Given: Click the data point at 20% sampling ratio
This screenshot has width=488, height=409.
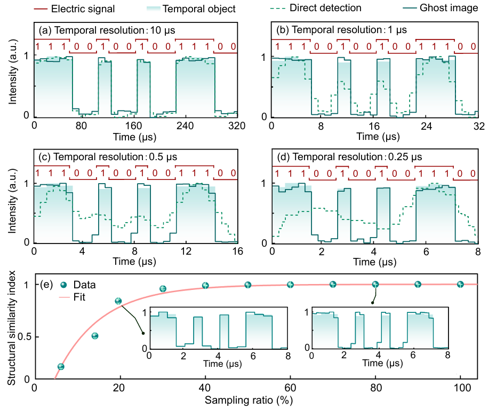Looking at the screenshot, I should click(x=118, y=301).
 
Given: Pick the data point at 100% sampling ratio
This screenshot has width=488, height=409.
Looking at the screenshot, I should click(x=460, y=284).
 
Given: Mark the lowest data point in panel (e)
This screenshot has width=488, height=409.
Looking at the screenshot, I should click(x=61, y=366).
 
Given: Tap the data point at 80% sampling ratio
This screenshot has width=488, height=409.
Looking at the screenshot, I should click(x=375, y=285).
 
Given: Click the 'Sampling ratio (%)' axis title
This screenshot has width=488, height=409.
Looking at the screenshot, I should click(x=254, y=399).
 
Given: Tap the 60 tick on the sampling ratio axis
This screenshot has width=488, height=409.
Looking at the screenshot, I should click(x=290, y=388).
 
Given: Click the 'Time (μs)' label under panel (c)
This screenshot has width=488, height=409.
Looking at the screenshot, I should click(x=135, y=263).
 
